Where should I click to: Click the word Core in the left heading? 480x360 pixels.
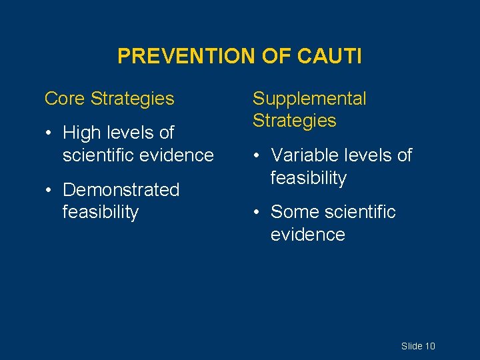(x=65, y=99)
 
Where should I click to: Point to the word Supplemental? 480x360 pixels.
(x=309, y=99)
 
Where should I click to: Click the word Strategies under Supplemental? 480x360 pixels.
(x=294, y=121)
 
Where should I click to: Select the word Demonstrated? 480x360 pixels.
(x=121, y=190)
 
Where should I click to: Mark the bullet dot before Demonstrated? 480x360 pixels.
(x=49, y=191)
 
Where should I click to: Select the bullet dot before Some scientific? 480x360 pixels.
(x=257, y=213)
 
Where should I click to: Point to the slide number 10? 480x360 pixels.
(x=430, y=346)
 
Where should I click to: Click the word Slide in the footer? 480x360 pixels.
(x=411, y=346)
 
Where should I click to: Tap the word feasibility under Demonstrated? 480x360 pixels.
(x=100, y=213)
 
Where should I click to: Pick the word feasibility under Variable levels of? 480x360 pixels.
(x=308, y=179)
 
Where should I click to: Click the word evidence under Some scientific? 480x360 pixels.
(x=307, y=235)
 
